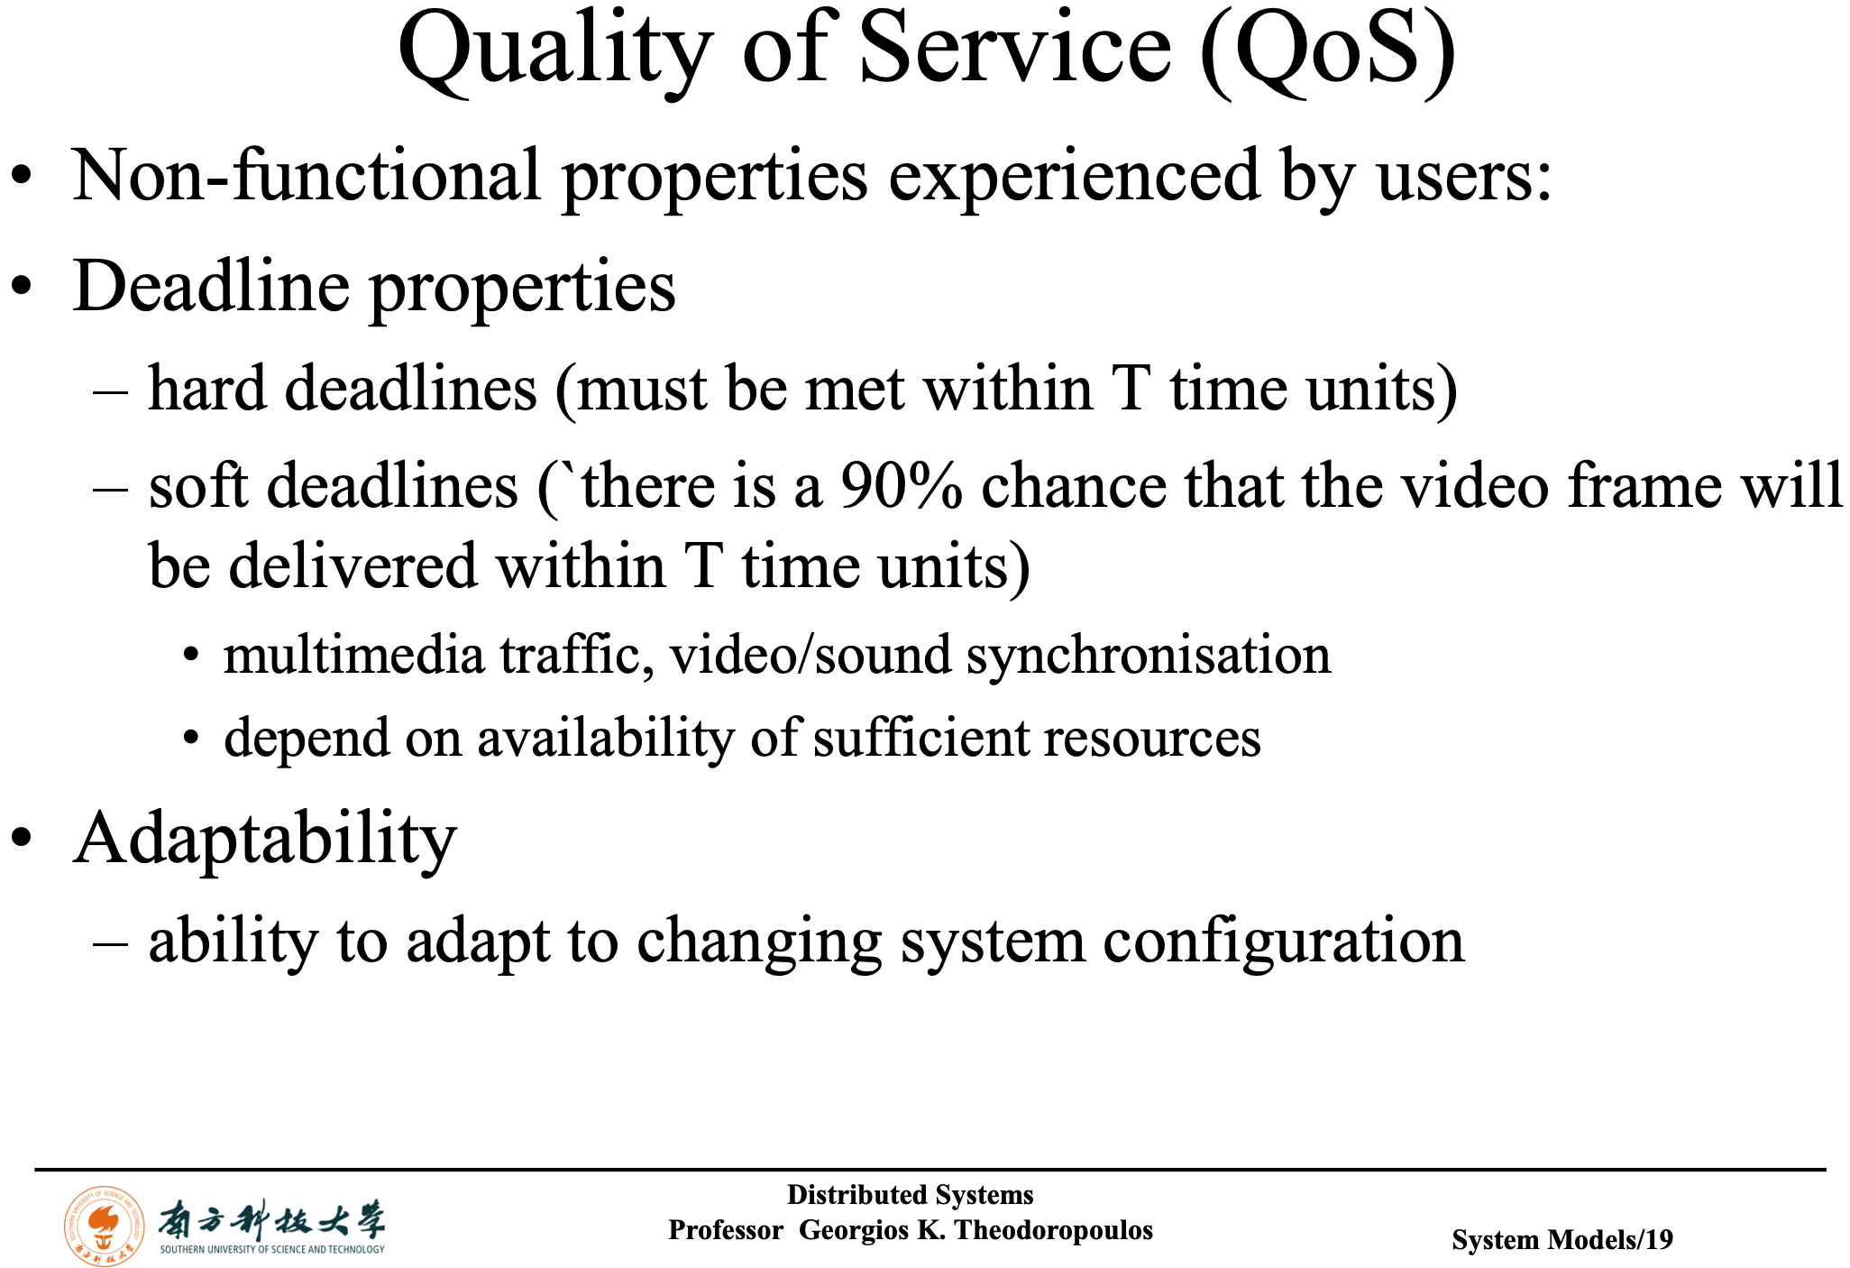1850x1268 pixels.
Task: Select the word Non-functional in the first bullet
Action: coord(307,175)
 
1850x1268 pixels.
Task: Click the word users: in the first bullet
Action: coord(1464,177)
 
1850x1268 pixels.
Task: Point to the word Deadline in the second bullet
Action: coord(211,287)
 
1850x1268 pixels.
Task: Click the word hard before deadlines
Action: coord(207,389)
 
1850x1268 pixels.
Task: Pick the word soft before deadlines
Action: coord(198,485)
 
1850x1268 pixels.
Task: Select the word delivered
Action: coord(353,566)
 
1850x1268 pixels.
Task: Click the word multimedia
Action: coord(353,656)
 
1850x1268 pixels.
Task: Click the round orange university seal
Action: coord(105,1226)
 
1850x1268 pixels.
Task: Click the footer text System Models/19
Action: coord(1562,1240)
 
